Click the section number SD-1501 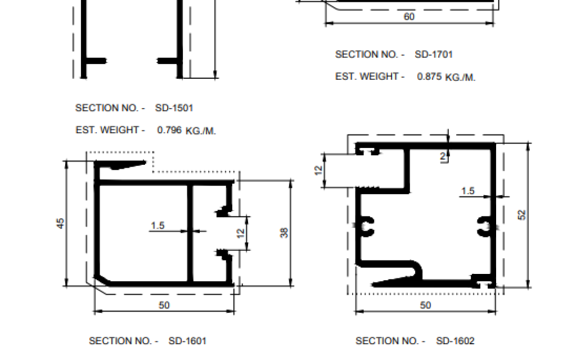click(174, 108)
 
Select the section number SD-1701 click(434, 55)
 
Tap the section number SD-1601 click(187, 341)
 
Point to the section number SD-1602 click(455, 341)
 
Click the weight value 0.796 click(169, 130)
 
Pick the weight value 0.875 click(429, 76)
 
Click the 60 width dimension click(409, 16)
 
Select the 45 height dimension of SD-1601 click(61, 223)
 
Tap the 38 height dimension click(284, 232)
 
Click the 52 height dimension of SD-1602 click(521, 215)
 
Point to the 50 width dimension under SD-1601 click(164, 305)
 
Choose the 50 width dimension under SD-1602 click(425, 305)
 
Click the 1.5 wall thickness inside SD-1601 click(157, 226)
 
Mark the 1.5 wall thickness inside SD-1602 click(468, 191)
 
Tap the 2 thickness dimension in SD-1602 click(443, 156)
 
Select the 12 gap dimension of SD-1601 click(241, 233)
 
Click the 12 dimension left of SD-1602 click(318, 170)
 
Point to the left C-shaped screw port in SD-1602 click(367, 226)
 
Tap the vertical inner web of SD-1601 click(190, 233)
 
